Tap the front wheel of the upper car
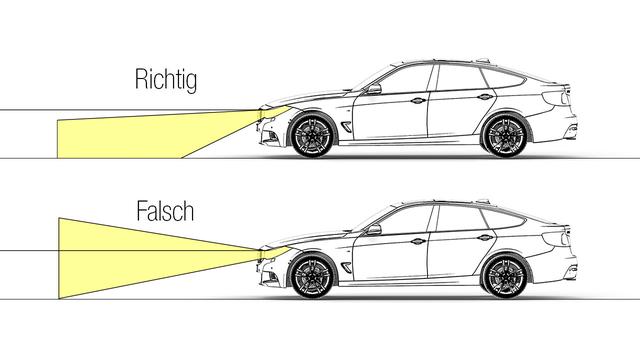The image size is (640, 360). click(x=311, y=134)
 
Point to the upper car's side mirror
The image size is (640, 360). click(x=373, y=91)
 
